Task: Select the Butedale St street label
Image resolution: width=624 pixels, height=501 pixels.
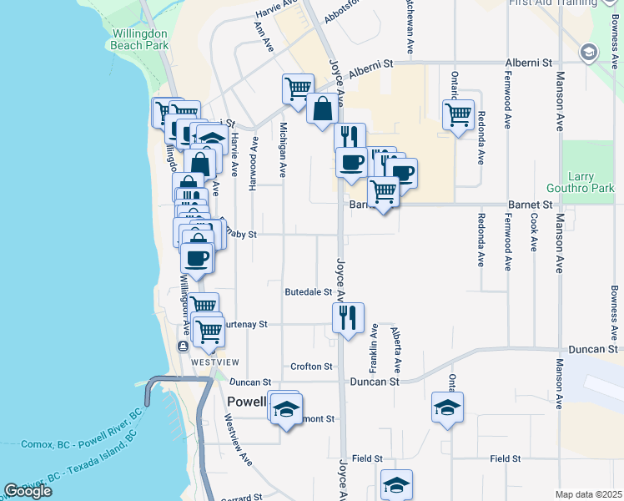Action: pyautogui.click(x=309, y=292)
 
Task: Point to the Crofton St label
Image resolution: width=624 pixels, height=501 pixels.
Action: pyautogui.click(x=312, y=367)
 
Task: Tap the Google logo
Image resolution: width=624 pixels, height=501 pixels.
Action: pyautogui.click(x=28, y=491)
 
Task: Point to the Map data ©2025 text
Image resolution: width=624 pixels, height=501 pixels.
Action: pyautogui.click(x=589, y=494)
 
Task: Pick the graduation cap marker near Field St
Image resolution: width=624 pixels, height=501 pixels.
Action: pyautogui.click(x=396, y=483)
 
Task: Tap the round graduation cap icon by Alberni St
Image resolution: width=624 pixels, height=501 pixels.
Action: pyautogui.click(x=589, y=53)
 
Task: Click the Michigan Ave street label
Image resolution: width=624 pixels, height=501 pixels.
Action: pyautogui.click(x=284, y=150)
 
